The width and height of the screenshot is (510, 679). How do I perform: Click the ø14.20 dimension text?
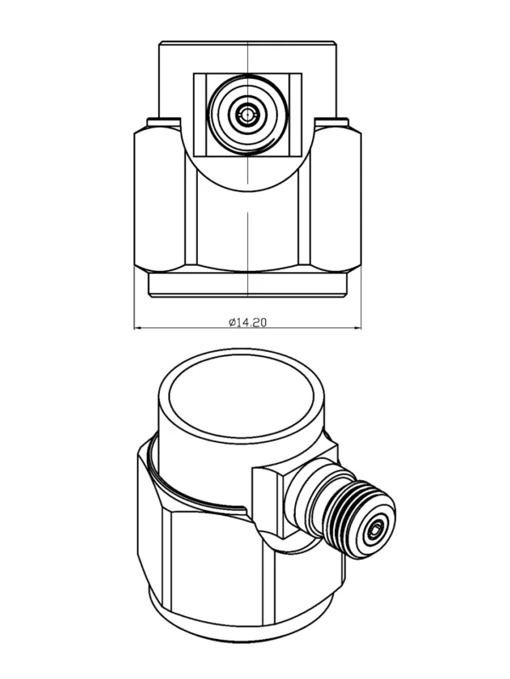coord(247,322)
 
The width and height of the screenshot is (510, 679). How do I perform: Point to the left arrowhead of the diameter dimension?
coord(137,328)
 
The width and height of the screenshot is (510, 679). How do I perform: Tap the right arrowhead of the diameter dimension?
coord(358,328)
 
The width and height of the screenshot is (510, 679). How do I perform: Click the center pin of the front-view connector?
coord(247,115)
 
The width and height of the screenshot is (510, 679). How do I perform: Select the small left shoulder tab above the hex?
coord(164,122)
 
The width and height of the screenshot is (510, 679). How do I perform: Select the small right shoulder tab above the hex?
coord(331,122)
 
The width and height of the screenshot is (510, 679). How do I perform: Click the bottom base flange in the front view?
coord(247,285)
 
